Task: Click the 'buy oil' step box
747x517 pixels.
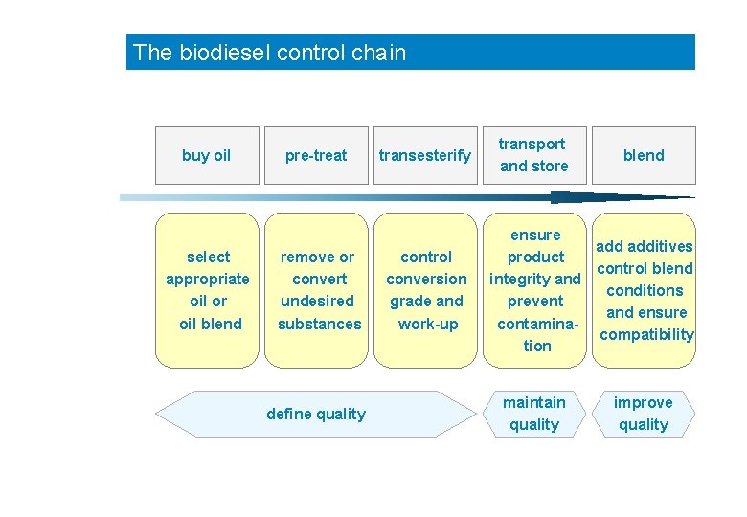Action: [x=207, y=155]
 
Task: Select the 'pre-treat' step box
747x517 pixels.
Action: [x=316, y=155]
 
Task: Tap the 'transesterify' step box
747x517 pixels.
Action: [x=425, y=155]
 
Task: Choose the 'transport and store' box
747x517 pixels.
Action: [x=534, y=155]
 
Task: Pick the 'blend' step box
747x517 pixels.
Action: [x=644, y=155]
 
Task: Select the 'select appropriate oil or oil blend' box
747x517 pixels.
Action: [x=207, y=290]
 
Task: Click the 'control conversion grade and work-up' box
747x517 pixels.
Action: [x=425, y=290]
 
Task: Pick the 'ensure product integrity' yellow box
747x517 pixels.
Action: [x=534, y=290]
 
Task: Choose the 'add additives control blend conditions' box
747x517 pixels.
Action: [x=645, y=290]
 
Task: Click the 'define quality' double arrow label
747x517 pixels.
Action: [x=316, y=414]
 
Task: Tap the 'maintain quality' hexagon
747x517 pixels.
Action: [x=534, y=414]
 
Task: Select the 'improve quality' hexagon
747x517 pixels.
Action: [x=644, y=414]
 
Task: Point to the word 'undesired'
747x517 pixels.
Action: [x=318, y=302]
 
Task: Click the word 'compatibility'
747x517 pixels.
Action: [x=646, y=334]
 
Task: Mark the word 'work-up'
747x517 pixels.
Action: [x=427, y=324]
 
